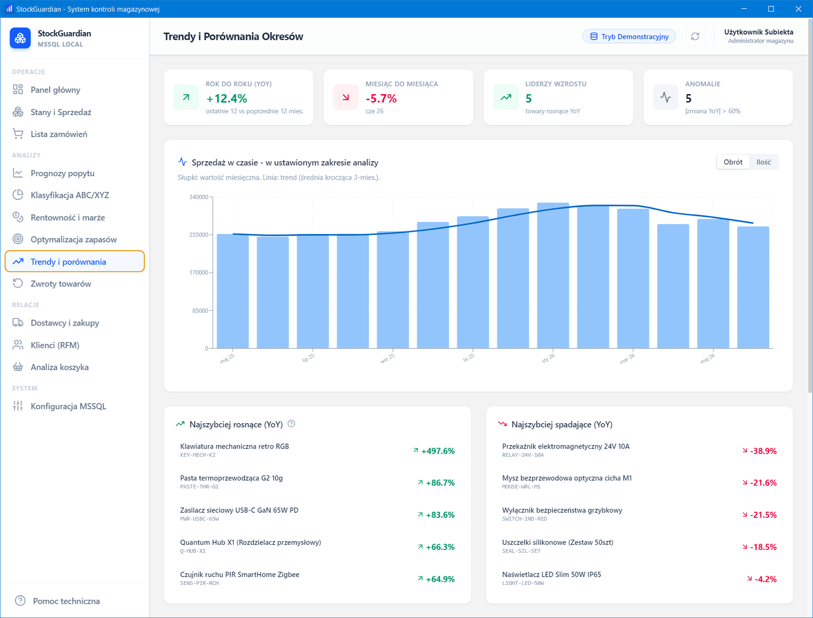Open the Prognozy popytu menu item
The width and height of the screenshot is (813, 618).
pos(62,173)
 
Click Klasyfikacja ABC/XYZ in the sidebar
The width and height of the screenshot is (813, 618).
pos(70,195)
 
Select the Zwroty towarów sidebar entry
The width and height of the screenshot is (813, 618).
pos(61,284)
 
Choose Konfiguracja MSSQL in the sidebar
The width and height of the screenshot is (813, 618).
pos(68,406)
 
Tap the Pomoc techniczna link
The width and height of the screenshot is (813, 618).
pos(66,601)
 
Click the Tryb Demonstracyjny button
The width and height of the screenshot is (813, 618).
pos(629,36)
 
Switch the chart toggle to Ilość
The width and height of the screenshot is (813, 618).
pos(763,162)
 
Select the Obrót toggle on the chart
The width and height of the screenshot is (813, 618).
pos(733,162)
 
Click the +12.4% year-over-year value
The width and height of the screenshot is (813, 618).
pos(226,99)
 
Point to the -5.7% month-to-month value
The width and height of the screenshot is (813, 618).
pos(381,99)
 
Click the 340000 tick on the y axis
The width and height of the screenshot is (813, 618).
pos(199,197)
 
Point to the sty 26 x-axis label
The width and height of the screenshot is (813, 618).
pos(548,358)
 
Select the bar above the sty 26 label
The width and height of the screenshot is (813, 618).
pos(553,275)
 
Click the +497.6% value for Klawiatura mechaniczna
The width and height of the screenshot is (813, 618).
pos(438,451)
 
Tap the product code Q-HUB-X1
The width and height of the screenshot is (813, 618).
pos(193,551)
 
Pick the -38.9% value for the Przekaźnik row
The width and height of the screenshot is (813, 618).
pos(763,451)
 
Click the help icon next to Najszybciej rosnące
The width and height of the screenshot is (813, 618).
pos(292,424)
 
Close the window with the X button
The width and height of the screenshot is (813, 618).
pos(798,9)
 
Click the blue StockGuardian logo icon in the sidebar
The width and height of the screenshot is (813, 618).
pos(20,38)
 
